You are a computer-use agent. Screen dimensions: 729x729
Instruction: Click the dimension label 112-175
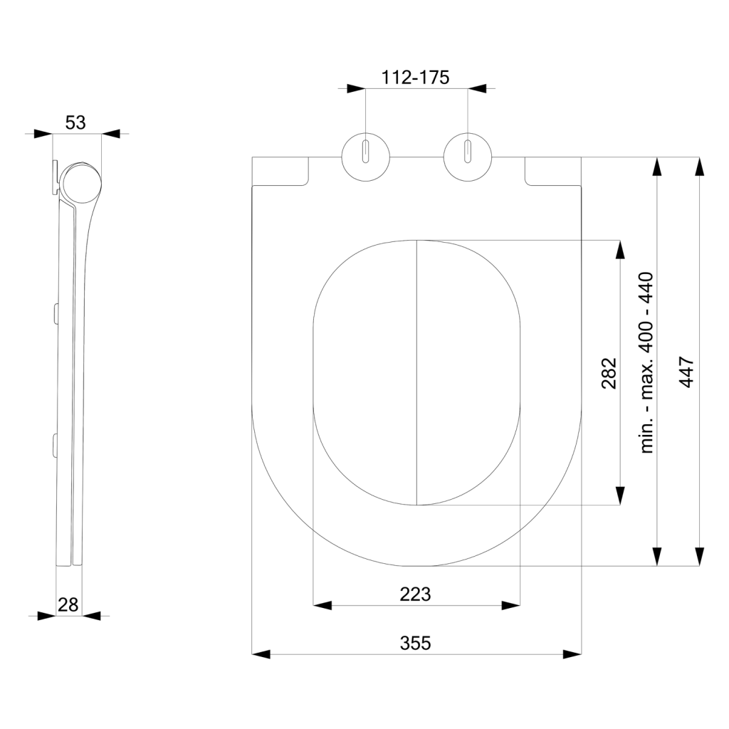click(415, 78)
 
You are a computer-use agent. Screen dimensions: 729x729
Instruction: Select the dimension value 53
click(75, 122)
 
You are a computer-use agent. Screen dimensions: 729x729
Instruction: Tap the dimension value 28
click(68, 604)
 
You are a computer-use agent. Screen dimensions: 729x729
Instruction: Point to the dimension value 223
click(416, 594)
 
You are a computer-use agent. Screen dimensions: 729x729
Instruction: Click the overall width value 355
click(415, 643)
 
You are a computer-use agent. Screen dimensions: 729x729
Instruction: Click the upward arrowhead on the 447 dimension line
click(700, 167)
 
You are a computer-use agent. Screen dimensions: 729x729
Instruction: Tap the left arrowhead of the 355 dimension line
click(262, 654)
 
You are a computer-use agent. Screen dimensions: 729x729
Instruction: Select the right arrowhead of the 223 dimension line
click(510, 605)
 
